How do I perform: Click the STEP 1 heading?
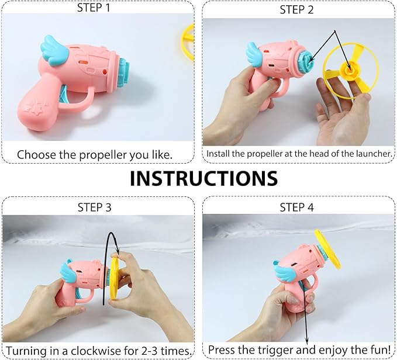coord(96,8)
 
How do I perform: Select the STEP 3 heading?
coord(96,207)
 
